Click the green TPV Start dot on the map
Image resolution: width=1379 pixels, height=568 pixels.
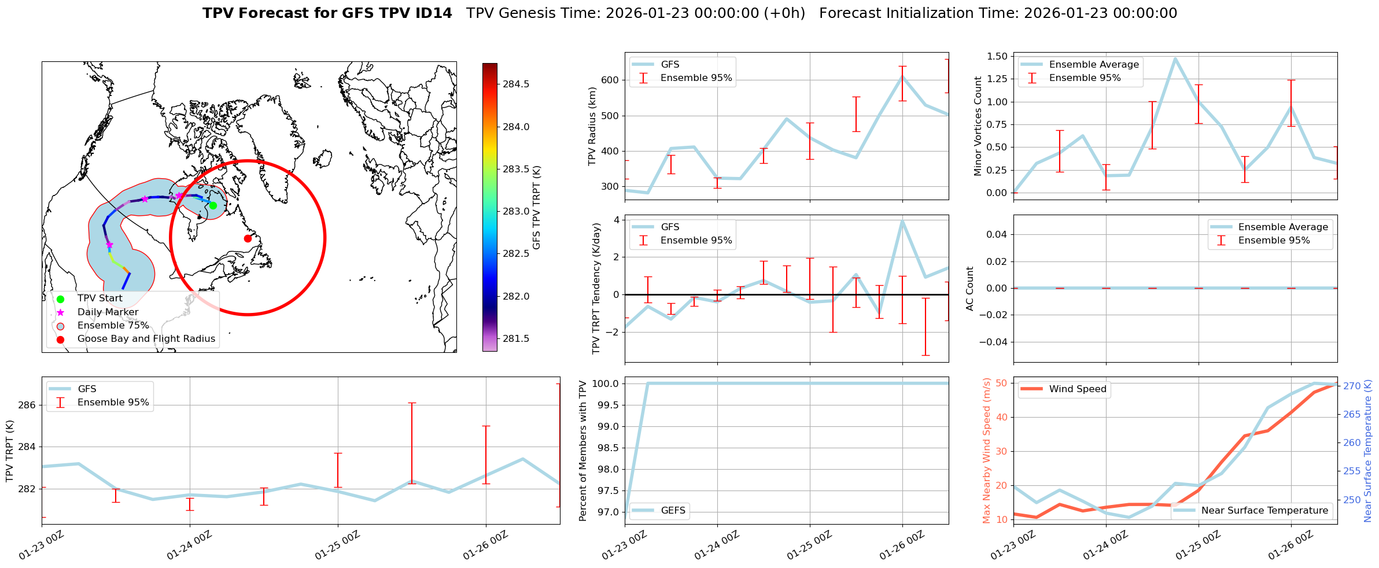click(213, 205)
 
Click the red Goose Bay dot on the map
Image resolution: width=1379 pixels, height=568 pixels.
click(248, 238)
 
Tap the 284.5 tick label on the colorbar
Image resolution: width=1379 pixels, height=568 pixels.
click(516, 84)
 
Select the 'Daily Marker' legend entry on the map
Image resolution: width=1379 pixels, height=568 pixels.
click(108, 312)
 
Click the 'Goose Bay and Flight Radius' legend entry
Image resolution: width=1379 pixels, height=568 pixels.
click(146, 339)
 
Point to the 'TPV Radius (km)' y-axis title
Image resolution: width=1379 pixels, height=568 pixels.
click(592, 126)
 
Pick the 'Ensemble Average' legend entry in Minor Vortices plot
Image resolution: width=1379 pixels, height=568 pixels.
click(1093, 65)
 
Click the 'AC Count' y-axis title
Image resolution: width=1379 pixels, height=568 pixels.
click(970, 289)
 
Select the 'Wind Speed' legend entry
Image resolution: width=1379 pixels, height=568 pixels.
click(1077, 389)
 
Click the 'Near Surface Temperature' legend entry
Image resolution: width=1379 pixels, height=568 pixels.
click(1264, 511)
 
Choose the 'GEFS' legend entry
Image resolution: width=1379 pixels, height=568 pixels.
click(673, 511)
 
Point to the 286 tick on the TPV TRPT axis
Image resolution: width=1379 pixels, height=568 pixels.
click(27, 405)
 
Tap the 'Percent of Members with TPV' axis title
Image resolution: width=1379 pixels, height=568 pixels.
click(583, 451)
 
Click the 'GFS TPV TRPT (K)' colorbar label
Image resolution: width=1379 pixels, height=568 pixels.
click(537, 207)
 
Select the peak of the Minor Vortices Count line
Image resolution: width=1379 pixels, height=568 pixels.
click(1175, 58)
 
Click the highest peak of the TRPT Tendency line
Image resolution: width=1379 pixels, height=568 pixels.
click(902, 220)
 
